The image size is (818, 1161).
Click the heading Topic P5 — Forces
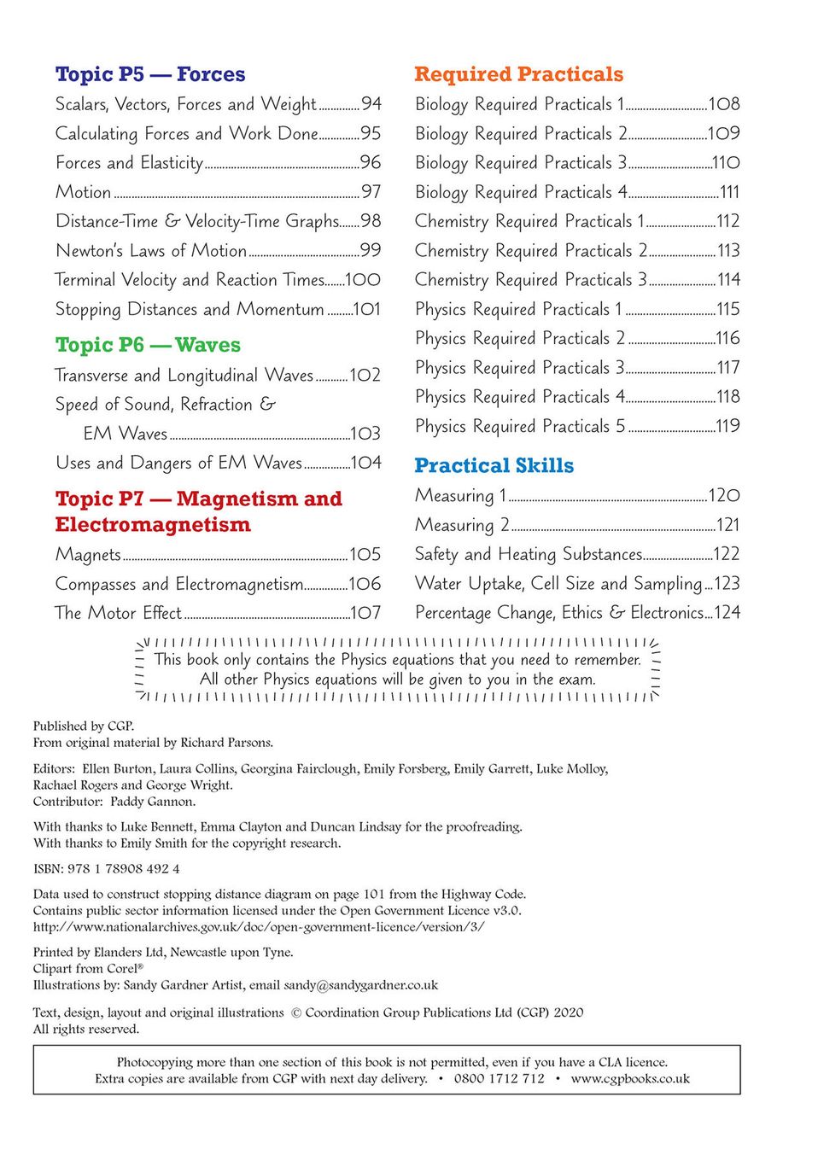tap(150, 74)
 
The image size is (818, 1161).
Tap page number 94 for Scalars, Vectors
tap(371, 104)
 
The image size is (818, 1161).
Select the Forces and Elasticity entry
tap(129, 163)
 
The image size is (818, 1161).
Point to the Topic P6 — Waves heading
tap(148, 345)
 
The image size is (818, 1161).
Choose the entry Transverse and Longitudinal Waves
tap(184, 376)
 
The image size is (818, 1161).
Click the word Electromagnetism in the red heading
tap(153, 525)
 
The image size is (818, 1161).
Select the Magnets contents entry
tap(88, 555)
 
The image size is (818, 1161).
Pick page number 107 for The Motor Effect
tap(365, 613)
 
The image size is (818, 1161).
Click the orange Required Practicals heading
tap(518, 74)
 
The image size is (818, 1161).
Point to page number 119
tap(727, 426)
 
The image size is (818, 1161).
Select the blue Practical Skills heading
tap(494, 465)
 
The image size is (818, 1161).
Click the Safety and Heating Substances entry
tap(529, 555)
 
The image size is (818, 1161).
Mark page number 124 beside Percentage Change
tap(727, 613)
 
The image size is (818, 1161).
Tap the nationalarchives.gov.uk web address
tap(259, 927)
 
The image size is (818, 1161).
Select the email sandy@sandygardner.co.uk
tap(360, 985)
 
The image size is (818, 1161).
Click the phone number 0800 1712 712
tap(499, 1079)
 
